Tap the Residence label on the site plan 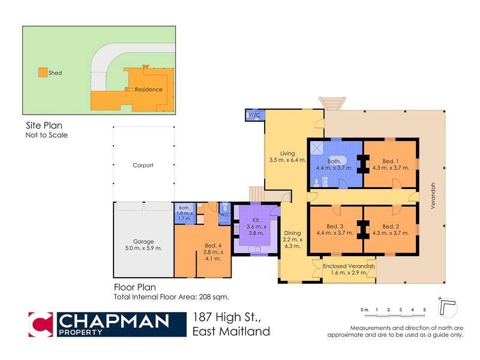point(148,89)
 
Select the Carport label point(143,165)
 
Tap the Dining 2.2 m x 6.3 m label point(292,239)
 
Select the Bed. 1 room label point(391,164)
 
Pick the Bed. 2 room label point(391,230)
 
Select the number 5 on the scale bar point(425,310)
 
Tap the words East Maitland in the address point(231,331)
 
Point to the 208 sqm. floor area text point(214,296)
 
